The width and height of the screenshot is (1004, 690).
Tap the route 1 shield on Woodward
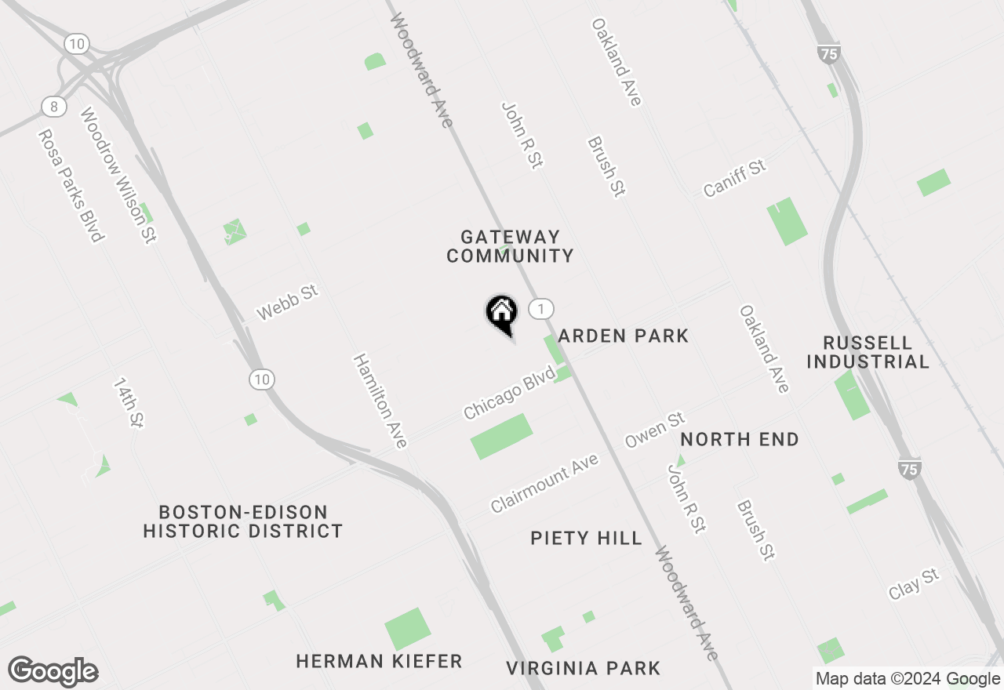tap(540, 309)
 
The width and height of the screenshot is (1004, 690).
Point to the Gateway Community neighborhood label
tap(510, 246)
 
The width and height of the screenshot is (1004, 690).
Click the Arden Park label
tap(624, 336)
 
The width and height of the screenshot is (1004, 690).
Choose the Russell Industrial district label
tap(868, 352)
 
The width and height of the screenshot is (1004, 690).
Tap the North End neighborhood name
tap(740, 439)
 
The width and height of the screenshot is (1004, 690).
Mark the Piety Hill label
tap(586, 538)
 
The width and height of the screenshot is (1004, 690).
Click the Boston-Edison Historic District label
tap(243, 521)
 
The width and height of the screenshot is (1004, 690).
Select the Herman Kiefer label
tap(379, 662)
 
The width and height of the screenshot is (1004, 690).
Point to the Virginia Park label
tap(583, 668)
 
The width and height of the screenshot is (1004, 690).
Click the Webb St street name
tap(288, 303)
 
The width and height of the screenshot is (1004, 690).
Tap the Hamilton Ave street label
tap(380, 401)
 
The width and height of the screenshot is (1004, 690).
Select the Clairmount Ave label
tap(544, 484)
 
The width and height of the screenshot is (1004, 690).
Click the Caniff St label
tap(733, 179)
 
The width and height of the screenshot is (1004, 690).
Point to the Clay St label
tap(914, 585)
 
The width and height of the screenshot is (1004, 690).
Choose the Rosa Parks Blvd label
tap(70, 185)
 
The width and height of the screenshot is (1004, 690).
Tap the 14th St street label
tap(127, 402)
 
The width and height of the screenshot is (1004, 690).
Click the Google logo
tap(53, 671)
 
